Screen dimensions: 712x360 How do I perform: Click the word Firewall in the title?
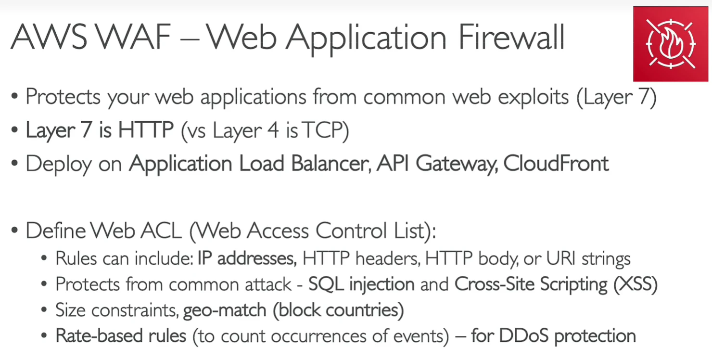pyautogui.click(x=511, y=37)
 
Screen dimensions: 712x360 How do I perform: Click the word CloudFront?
pyautogui.click(x=556, y=164)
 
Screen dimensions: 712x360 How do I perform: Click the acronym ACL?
pyautogui.click(x=161, y=230)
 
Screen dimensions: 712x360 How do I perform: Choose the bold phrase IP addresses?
pyautogui.click(x=247, y=258)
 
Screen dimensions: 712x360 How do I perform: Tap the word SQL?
pyautogui.click(x=326, y=284)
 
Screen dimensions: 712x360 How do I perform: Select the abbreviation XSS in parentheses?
pyautogui.click(x=636, y=284)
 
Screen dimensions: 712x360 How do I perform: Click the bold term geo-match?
pyautogui.click(x=225, y=310)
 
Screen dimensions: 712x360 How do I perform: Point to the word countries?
pyautogui.click(x=362, y=310)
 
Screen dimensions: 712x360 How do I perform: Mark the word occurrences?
pyautogui.click(x=318, y=336)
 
